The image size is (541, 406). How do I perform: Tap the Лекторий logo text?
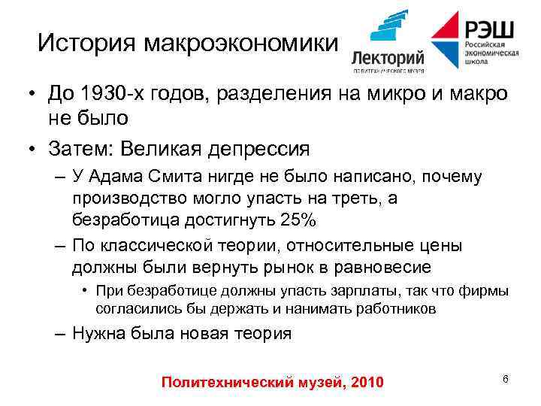pos(388,59)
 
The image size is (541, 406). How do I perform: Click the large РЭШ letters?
pos(490,29)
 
